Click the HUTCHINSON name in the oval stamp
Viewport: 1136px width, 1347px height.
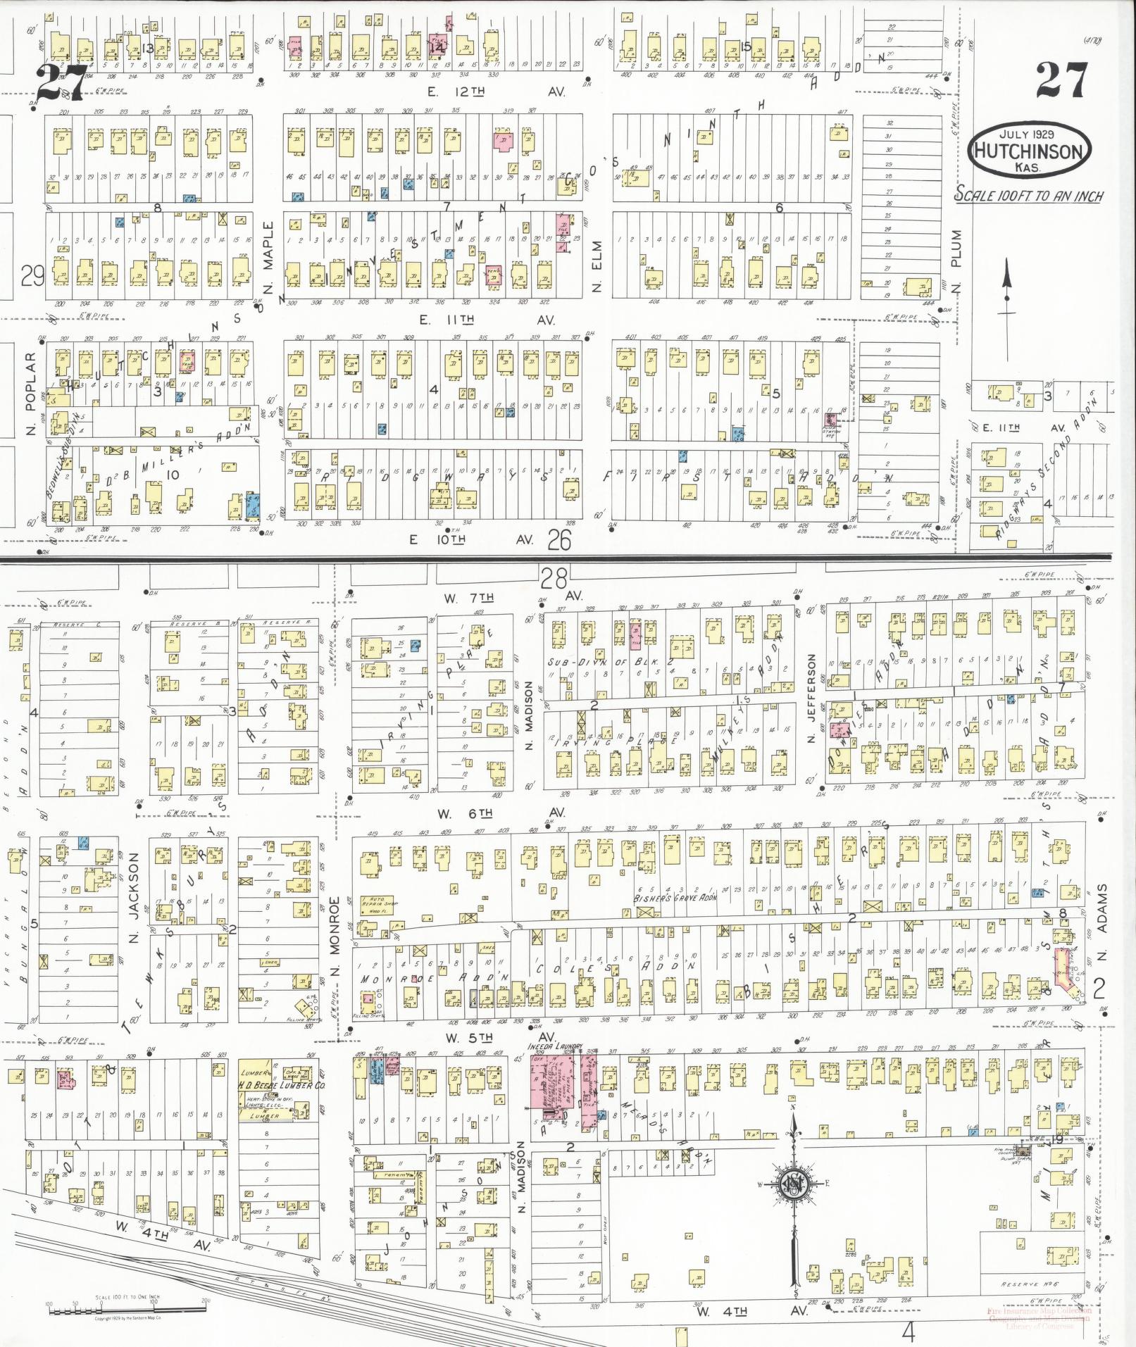point(1029,151)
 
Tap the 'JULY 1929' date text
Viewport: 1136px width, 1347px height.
point(1029,133)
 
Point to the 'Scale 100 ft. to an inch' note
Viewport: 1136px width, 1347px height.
point(1028,195)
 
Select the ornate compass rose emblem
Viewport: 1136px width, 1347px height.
point(794,1184)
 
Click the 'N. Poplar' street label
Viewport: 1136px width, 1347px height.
point(30,393)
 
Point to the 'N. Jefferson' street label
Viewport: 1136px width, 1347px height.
point(811,698)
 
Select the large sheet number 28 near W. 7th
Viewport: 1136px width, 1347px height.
point(554,579)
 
